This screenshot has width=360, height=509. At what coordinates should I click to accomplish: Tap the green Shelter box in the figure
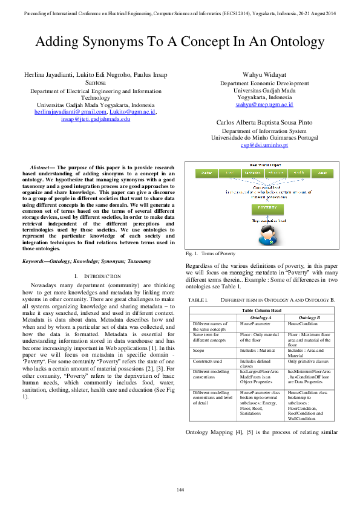tap(206, 173)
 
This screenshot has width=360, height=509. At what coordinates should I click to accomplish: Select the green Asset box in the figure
tap(322, 173)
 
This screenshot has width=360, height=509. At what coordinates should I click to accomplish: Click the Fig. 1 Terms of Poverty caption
tap(210, 253)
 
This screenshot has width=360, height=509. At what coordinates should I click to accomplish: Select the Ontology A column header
tap(260, 317)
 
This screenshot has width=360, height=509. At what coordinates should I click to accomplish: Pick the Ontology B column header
tap(310, 317)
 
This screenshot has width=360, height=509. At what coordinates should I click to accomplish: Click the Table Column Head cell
tap(261, 310)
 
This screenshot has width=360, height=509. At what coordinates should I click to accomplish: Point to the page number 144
tap(180, 488)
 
